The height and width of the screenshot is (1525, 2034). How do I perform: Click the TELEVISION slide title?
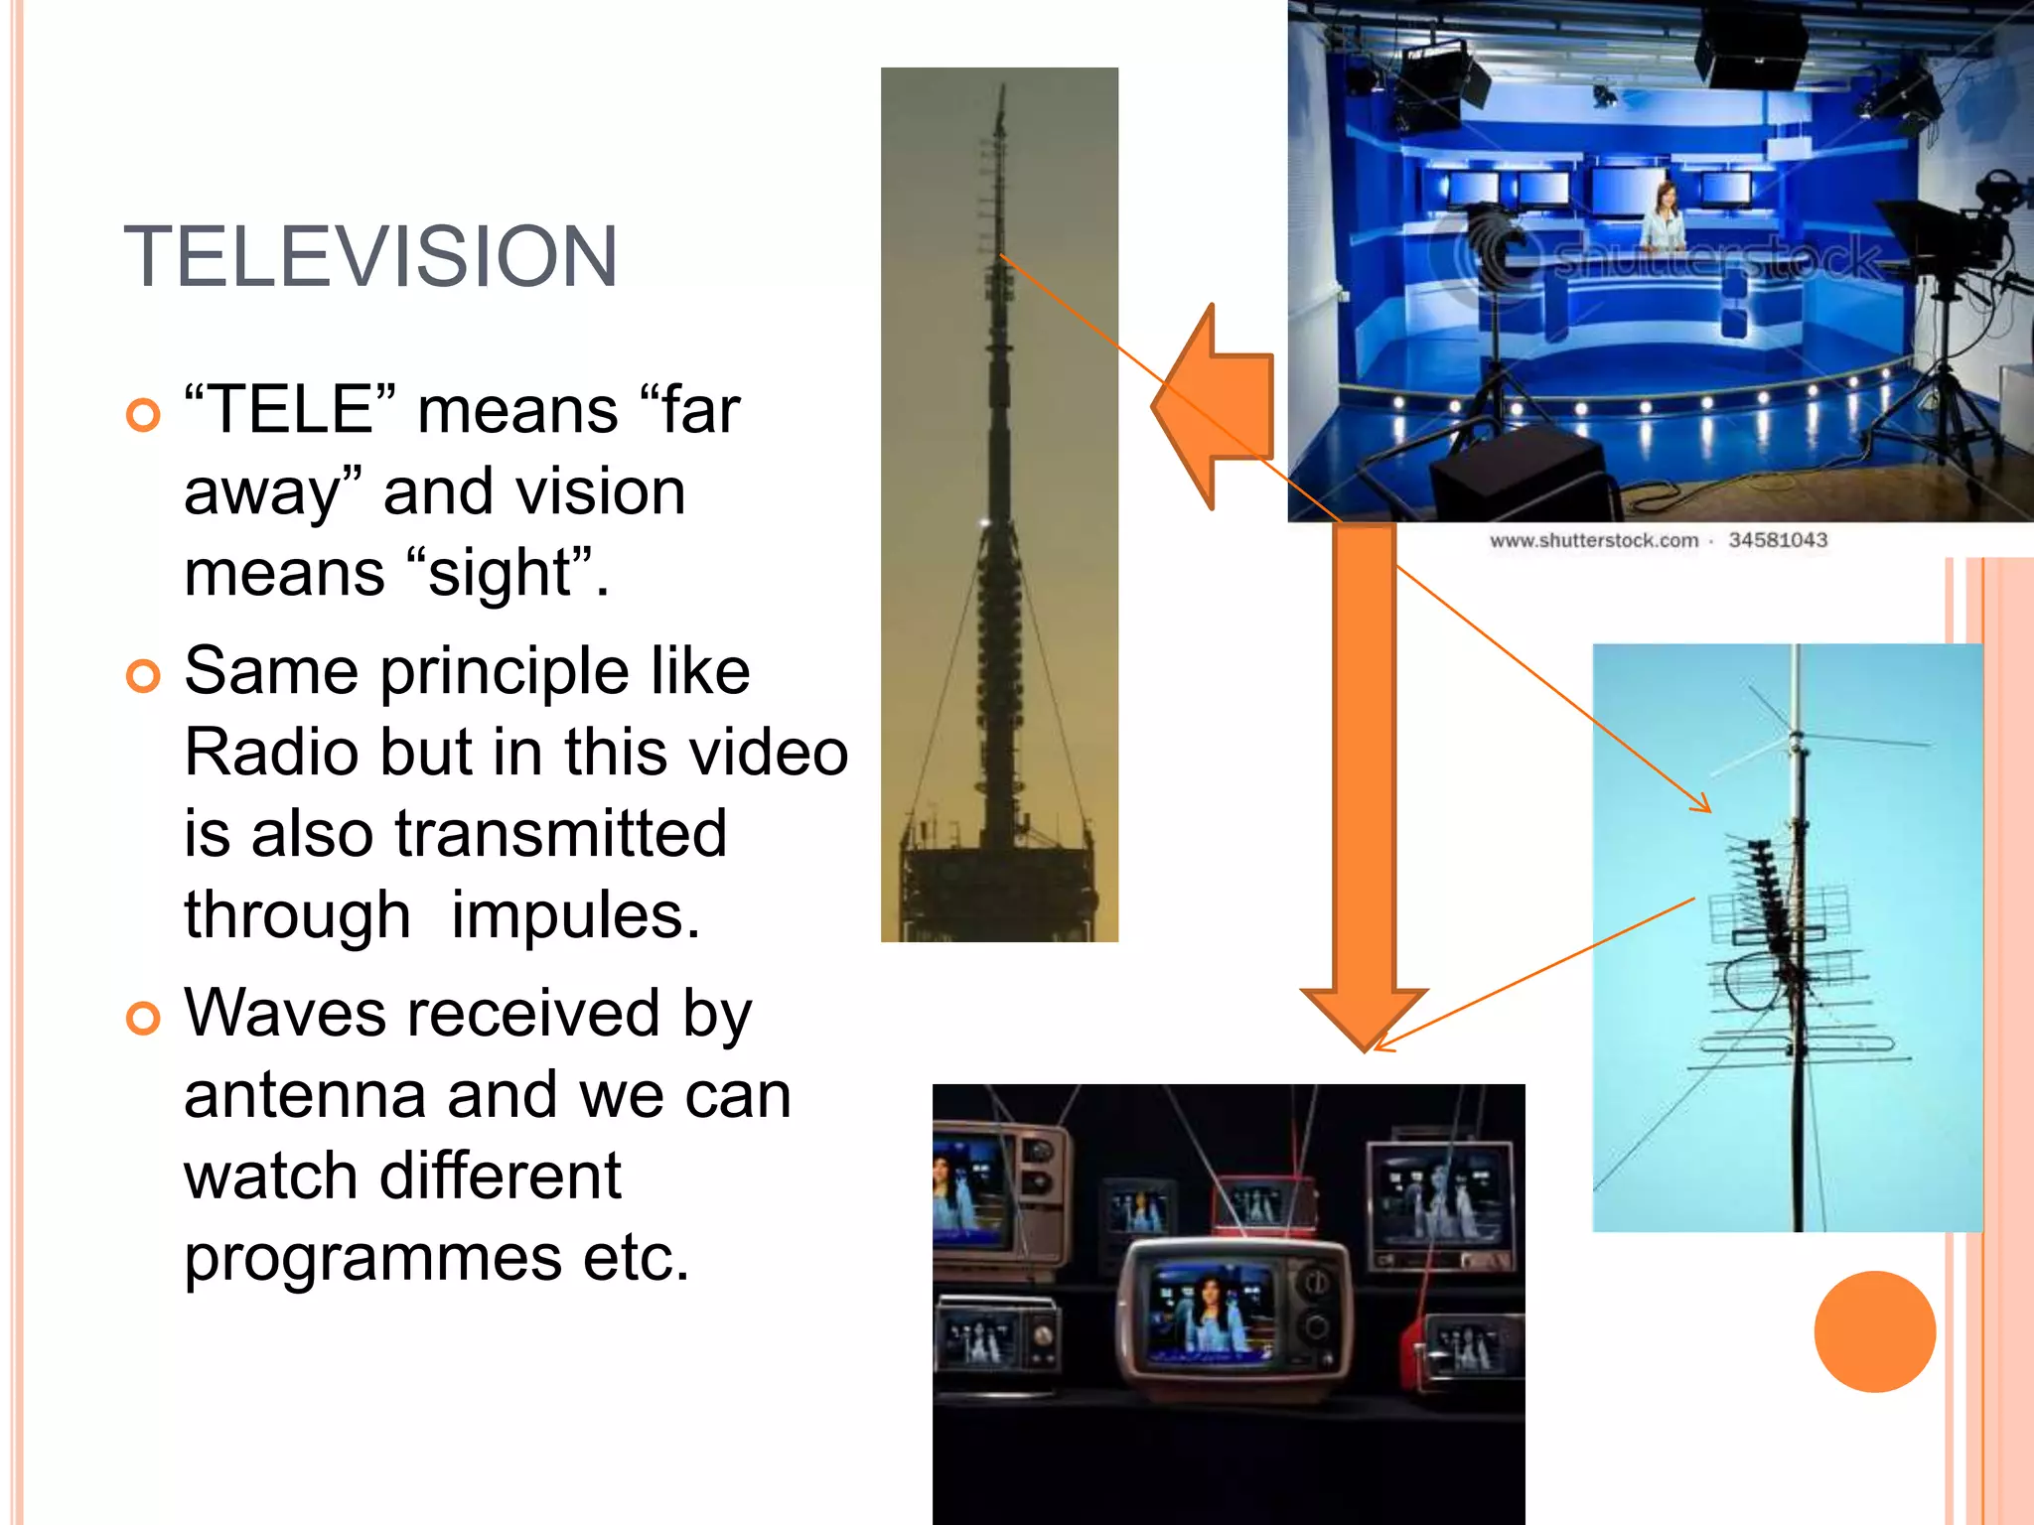click(x=370, y=257)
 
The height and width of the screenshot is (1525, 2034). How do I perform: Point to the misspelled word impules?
click(x=575, y=914)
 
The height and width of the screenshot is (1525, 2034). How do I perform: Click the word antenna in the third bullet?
click(x=305, y=1094)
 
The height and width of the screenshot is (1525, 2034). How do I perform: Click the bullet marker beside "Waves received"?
click(x=144, y=1019)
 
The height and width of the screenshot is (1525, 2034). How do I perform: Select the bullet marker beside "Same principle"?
click(x=144, y=676)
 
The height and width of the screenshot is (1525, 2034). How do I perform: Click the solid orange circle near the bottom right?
click(x=1874, y=1331)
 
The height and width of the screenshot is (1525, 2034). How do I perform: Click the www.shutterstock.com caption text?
click(x=1593, y=540)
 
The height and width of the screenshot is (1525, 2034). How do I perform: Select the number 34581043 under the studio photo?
click(x=1777, y=540)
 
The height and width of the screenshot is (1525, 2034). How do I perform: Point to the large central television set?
click(x=1233, y=1316)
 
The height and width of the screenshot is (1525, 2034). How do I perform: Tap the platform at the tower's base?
click(x=999, y=884)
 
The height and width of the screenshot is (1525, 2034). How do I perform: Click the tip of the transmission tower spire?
click(x=1002, y=89)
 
